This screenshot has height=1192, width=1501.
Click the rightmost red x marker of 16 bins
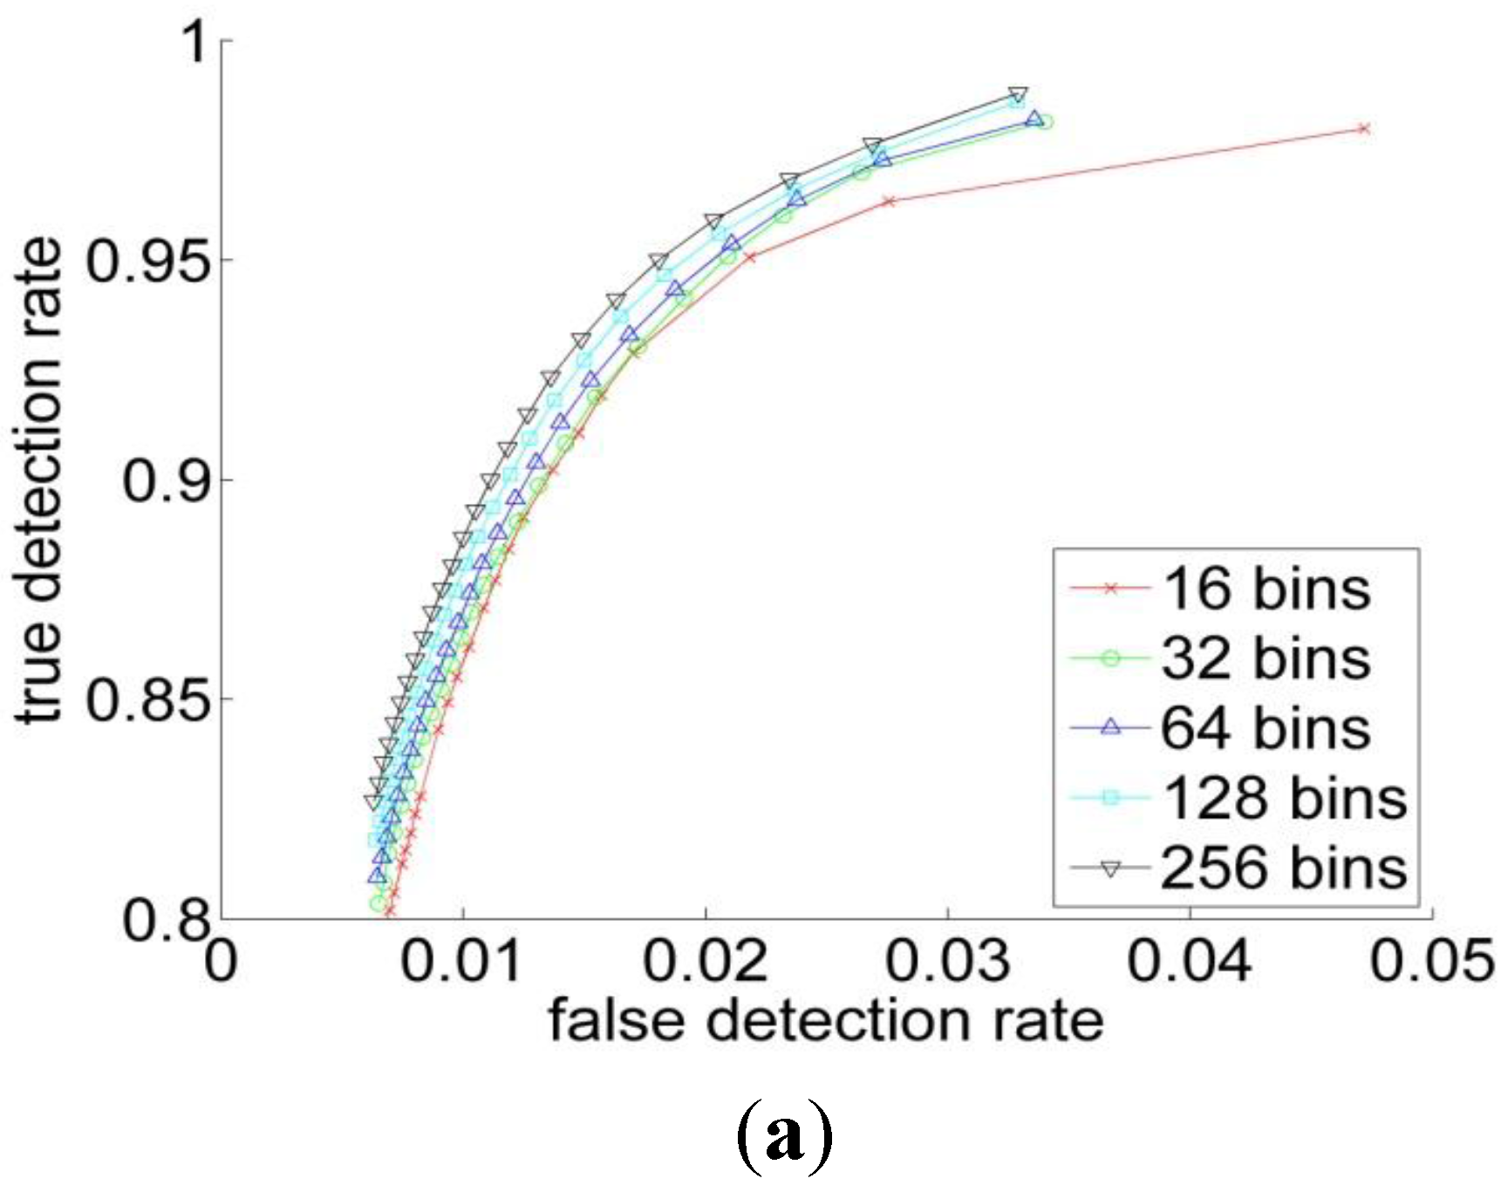point(1365,128)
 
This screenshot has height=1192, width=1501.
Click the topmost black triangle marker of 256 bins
point(1018,94)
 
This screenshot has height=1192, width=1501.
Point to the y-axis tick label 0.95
point(148,260)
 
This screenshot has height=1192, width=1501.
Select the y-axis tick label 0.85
point(148,699)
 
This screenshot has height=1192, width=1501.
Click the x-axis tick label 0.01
point(464,961)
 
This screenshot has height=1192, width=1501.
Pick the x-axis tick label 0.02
point(706,961)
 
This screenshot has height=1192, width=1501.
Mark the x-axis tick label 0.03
point(948,961)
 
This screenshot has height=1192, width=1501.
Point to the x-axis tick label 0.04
point(1190,961)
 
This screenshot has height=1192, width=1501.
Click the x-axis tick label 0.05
point(1430,961)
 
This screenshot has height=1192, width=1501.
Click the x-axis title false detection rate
point(825,1020)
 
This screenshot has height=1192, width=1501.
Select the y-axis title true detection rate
point(39,480)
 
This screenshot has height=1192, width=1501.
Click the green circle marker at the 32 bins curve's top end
point(1045,121)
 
